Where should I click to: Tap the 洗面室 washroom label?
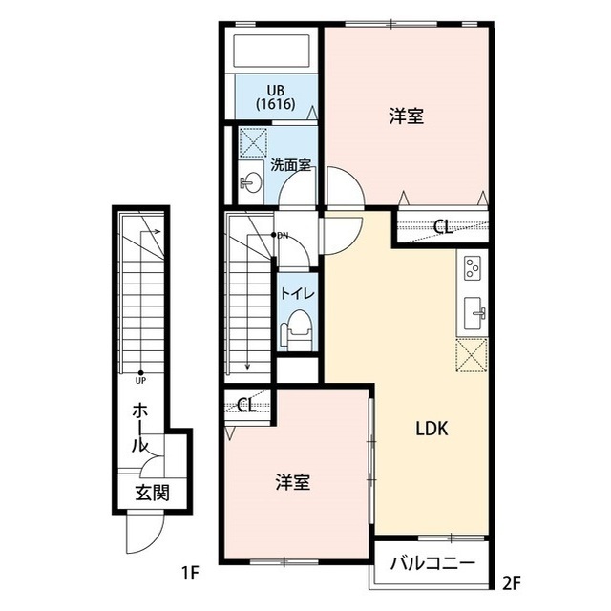[291, 164]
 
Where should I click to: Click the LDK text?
[432, 429]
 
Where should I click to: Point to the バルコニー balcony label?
[431, 562]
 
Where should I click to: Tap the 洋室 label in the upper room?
[406, 116]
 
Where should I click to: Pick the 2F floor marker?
[512, 581]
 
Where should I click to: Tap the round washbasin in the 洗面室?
[251, 180]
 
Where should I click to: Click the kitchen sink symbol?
[474, 312]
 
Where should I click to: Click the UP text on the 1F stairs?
[140, 380]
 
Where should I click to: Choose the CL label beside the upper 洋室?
[441, 227]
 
